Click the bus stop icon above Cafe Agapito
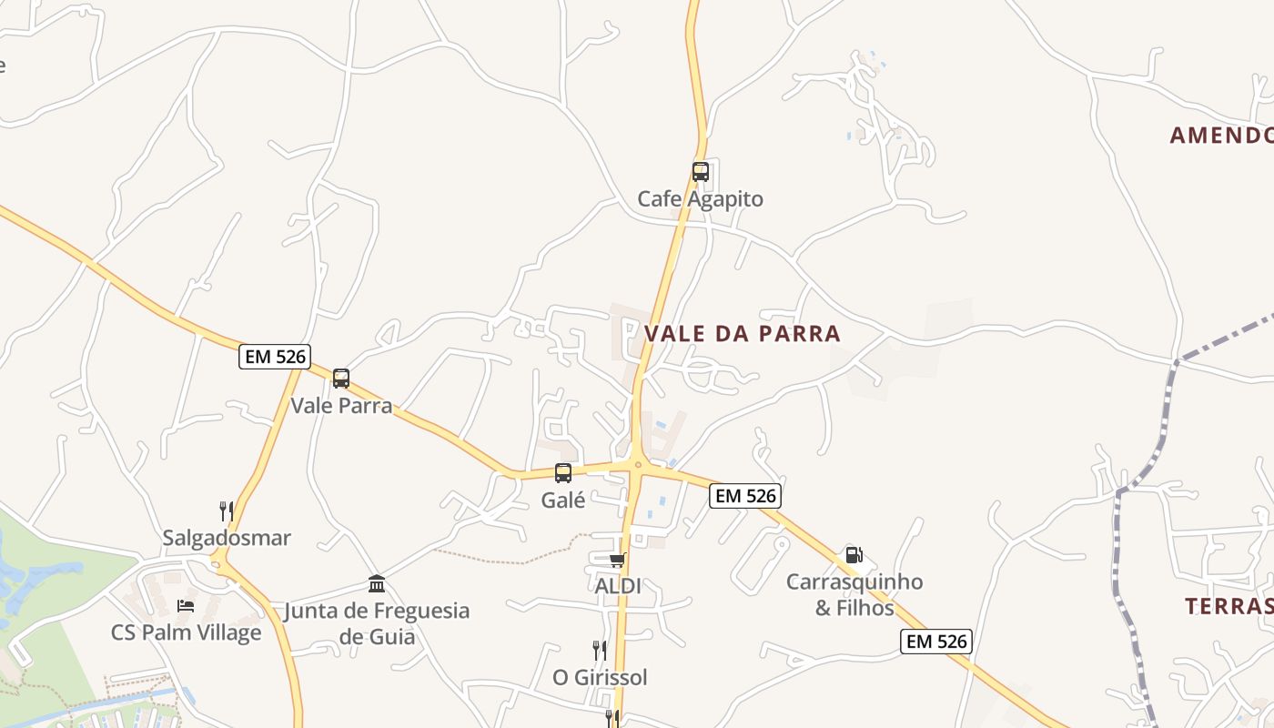(700, 171)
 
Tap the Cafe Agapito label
(700, 198)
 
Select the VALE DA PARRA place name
(743, 334)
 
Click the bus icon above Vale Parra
(341, 378)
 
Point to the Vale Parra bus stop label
(341, 405)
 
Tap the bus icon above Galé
(563, 472)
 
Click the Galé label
(563, 500)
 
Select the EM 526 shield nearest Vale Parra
(275, 356)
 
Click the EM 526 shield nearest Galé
(746, 495)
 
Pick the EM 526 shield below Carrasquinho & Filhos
(936, 641)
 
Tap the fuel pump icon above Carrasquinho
(854, 554)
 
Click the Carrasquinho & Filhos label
(854, 594)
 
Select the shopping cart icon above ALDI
(617, 560)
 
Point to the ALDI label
(617, 586)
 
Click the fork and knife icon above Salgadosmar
(226, 511)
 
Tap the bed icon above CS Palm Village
(186, 605)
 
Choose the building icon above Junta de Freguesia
(377, 583)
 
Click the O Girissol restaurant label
(600, 677)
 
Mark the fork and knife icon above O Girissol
(599, 650)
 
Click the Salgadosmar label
(227, 538)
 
